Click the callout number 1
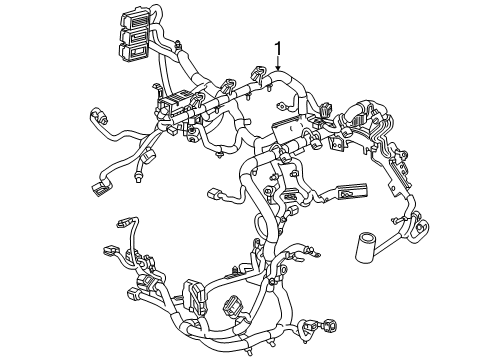tap(278, 48)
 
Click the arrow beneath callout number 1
tap(278, 66)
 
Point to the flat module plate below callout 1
tap(284, 129)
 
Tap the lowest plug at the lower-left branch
tap(140, 298)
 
